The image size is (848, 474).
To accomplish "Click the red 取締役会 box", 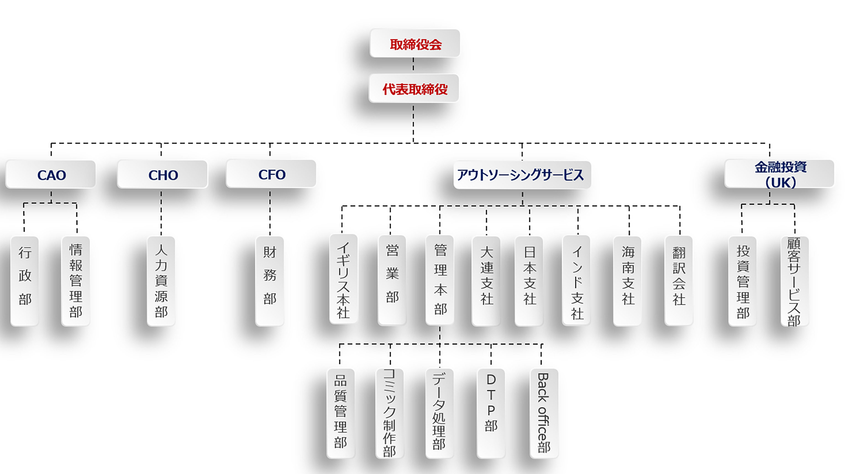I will point(415,43).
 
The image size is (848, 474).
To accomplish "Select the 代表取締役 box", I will point(414,89).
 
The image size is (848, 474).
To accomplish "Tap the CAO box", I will point(51,174).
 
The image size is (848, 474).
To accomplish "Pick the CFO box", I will point(271,174).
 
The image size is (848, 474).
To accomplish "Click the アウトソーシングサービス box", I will point(522,175).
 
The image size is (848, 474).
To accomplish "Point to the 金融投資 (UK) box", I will point(779,174).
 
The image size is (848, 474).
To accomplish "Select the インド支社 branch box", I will point(576,280).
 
